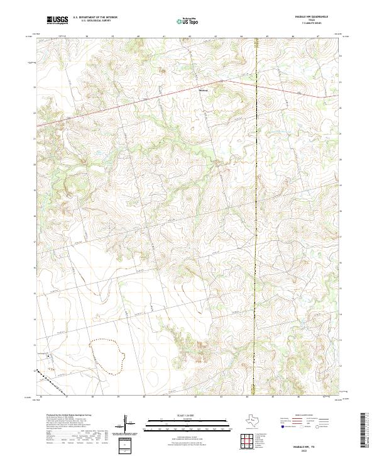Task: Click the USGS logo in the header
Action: (x=58, y=21)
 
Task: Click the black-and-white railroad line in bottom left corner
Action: (x=45, y=380)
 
